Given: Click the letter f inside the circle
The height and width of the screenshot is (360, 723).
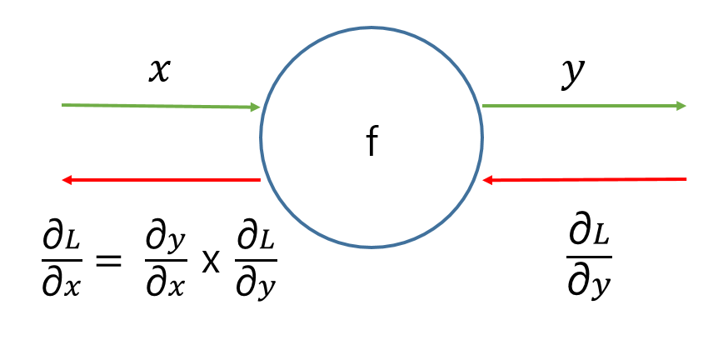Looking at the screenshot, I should click(x=371, y=144).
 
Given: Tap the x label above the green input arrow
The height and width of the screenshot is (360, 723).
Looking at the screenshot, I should click(x=157, y=71).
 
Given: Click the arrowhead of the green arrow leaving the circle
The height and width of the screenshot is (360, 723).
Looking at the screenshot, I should click(x=681, y=106).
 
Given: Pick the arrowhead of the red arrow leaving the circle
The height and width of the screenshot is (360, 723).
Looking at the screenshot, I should click(x=67, y=179).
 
